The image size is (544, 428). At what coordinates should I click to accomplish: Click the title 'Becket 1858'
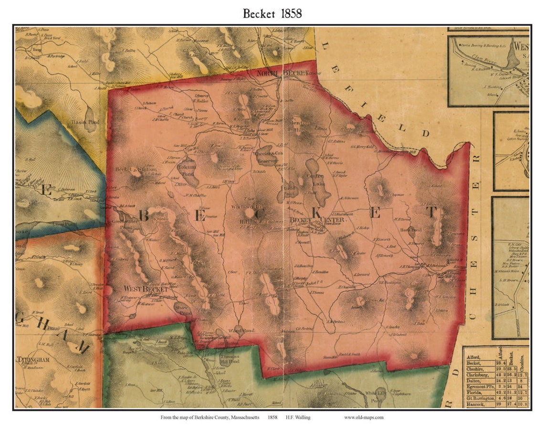[x=272, y=13]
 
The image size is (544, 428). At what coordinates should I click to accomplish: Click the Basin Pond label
[x=86, y=122]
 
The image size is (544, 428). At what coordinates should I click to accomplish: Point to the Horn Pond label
[x=411, y=230]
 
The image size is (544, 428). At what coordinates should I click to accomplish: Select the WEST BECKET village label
[x=146, y=289]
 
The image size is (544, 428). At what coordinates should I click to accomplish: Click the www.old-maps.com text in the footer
[x=364, y=417]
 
